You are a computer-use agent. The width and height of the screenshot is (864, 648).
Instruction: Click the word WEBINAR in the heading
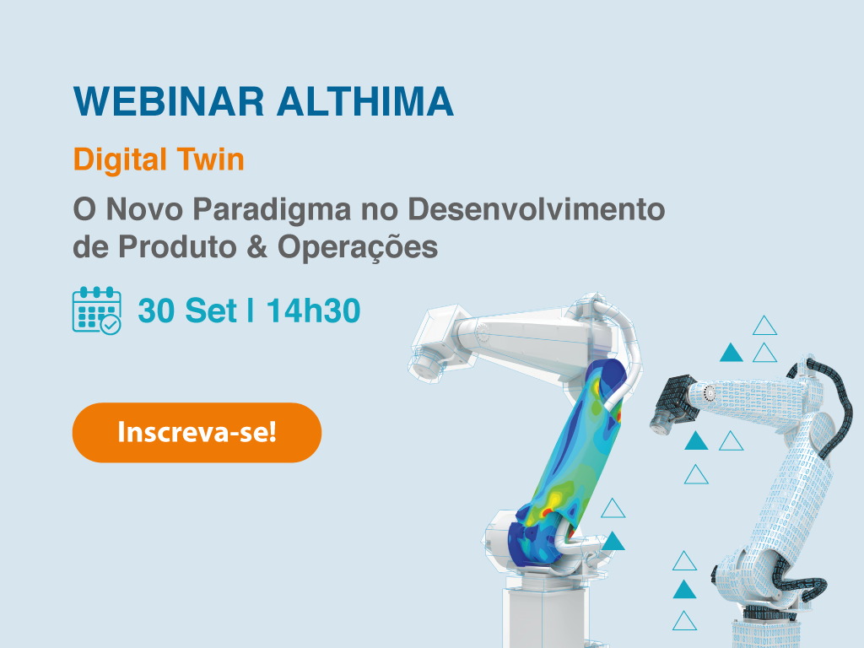pyautogui.click(x=169, y=101)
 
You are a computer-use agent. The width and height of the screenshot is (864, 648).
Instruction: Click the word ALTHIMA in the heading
pyautogui.click(x=364, y=101)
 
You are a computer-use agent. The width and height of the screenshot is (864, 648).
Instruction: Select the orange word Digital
pyautogui.click(x=120, y=160)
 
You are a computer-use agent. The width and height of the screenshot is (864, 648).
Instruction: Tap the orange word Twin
pyautogui.click(x=211, y=159)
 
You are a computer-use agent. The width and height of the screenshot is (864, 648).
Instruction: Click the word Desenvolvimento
pyautogui.click(x=536, y=209)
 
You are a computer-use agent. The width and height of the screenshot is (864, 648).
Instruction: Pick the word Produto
pyautogui.click(x=177, y=246)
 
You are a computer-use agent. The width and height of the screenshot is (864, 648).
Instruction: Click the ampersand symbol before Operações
pyautogui.click(x=256, y=246)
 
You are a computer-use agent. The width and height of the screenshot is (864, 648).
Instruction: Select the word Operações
pyautogui.click(x=358, y=247)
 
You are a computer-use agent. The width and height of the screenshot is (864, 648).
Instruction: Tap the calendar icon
pyautogui.click(x=97, y=310)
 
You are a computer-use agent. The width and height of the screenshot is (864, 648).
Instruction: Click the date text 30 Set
pyautogui.click(x=187, y=310)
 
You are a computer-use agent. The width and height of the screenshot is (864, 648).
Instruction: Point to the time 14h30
pyautogui.click(x=314, y=310)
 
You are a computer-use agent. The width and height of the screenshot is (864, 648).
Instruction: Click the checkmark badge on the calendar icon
pyautogui.click(x=111, y=325)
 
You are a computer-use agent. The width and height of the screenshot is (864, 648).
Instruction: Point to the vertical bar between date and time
pyautogui.click(x=251, y=310)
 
